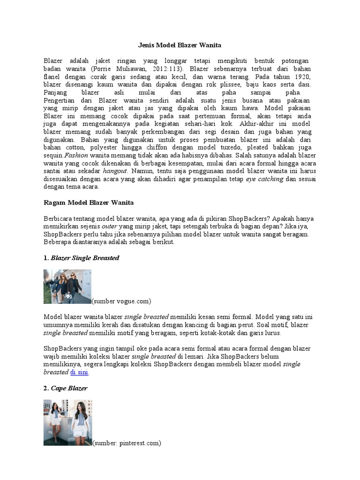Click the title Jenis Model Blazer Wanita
(x=180, y=45)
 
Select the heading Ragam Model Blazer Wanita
(x=89, y=202)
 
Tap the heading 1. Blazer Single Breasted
(x=82, y=258)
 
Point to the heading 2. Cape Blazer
(x=66, y=388)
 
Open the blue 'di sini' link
(x=79, y=372)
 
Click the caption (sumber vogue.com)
(x=121, y=300)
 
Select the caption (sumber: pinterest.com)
(x=127, y=442)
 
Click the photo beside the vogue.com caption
(x=67, y=286)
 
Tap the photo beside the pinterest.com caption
(x=67, y=422)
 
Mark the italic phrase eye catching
(x=264, y=179)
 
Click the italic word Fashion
(x=76, y=155)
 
